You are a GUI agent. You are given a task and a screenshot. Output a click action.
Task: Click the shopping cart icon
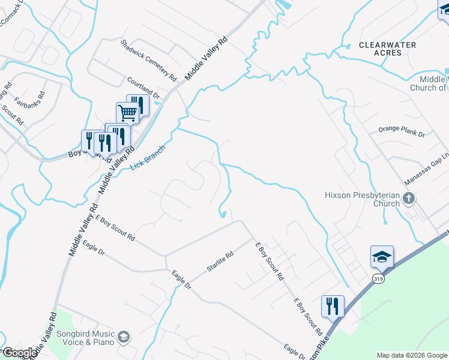pyautogui.click(x=127, y=112)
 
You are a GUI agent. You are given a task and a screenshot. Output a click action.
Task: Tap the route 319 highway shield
pyautogui.click(x=378, y=279)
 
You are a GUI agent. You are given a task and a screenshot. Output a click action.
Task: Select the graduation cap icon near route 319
pyautogui.click(x=382, y=256)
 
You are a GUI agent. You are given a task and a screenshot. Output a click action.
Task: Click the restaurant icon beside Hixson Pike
pyautogui.click(x=332, y=306)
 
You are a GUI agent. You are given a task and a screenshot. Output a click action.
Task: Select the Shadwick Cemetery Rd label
pyautogui.click(x=148, y=61)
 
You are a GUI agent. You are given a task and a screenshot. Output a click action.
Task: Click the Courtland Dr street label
pyautogui.click(x=143, y=88)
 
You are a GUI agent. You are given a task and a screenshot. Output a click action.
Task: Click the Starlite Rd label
pyautogui.click(x=219, y=262)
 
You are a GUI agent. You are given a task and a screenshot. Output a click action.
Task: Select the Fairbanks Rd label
pyautogui.click(x=30, y=91)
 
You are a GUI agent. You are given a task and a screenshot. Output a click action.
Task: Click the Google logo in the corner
pyautogui.click(x=20, y=353)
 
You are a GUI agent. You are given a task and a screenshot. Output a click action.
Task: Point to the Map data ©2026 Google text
pyautogui.click(x=412, y=355)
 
